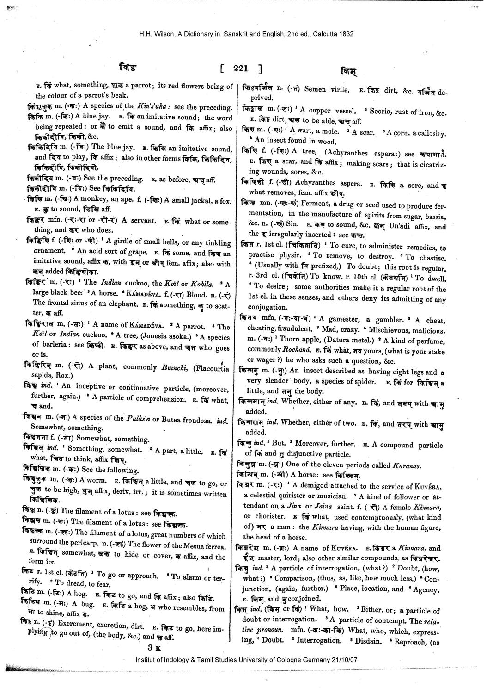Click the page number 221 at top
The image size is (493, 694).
[x=241, y=68]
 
